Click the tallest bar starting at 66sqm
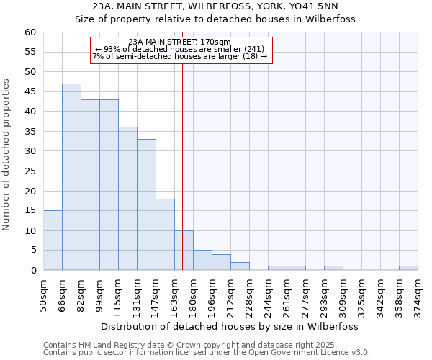(71, 177)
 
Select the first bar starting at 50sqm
(53, 240)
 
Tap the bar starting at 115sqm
(127, 199)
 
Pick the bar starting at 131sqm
(146, 204)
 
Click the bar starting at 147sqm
(165, 235)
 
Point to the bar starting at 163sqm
(184, 251)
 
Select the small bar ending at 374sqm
(408, 268)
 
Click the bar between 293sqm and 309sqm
(333, 268)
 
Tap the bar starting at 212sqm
(240, 266)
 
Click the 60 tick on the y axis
(30, 32)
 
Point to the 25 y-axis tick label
(30, 171)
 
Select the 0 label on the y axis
(33, 271)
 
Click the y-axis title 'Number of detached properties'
(7, 155)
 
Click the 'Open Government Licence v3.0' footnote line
(207, 353)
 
